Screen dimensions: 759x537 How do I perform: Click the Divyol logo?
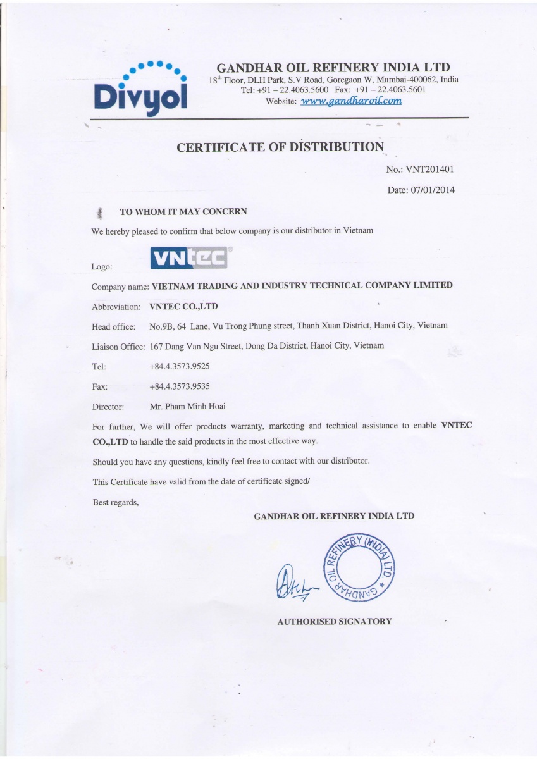140,89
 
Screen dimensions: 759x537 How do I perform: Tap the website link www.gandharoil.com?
351,101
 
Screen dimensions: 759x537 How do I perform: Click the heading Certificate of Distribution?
280,147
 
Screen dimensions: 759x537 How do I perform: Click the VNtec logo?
188,257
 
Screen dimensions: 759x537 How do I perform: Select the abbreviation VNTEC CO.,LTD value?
183,306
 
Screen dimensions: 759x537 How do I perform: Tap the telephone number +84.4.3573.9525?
180,366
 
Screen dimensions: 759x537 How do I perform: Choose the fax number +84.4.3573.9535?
180,386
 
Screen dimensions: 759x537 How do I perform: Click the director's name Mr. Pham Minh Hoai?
187,406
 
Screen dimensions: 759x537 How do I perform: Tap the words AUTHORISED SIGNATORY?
335,621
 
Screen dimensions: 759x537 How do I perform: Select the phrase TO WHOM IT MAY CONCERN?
183,211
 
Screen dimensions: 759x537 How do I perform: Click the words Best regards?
116,502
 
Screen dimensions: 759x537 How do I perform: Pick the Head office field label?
114,326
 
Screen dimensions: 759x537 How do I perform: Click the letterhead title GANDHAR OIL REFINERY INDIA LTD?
333,68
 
